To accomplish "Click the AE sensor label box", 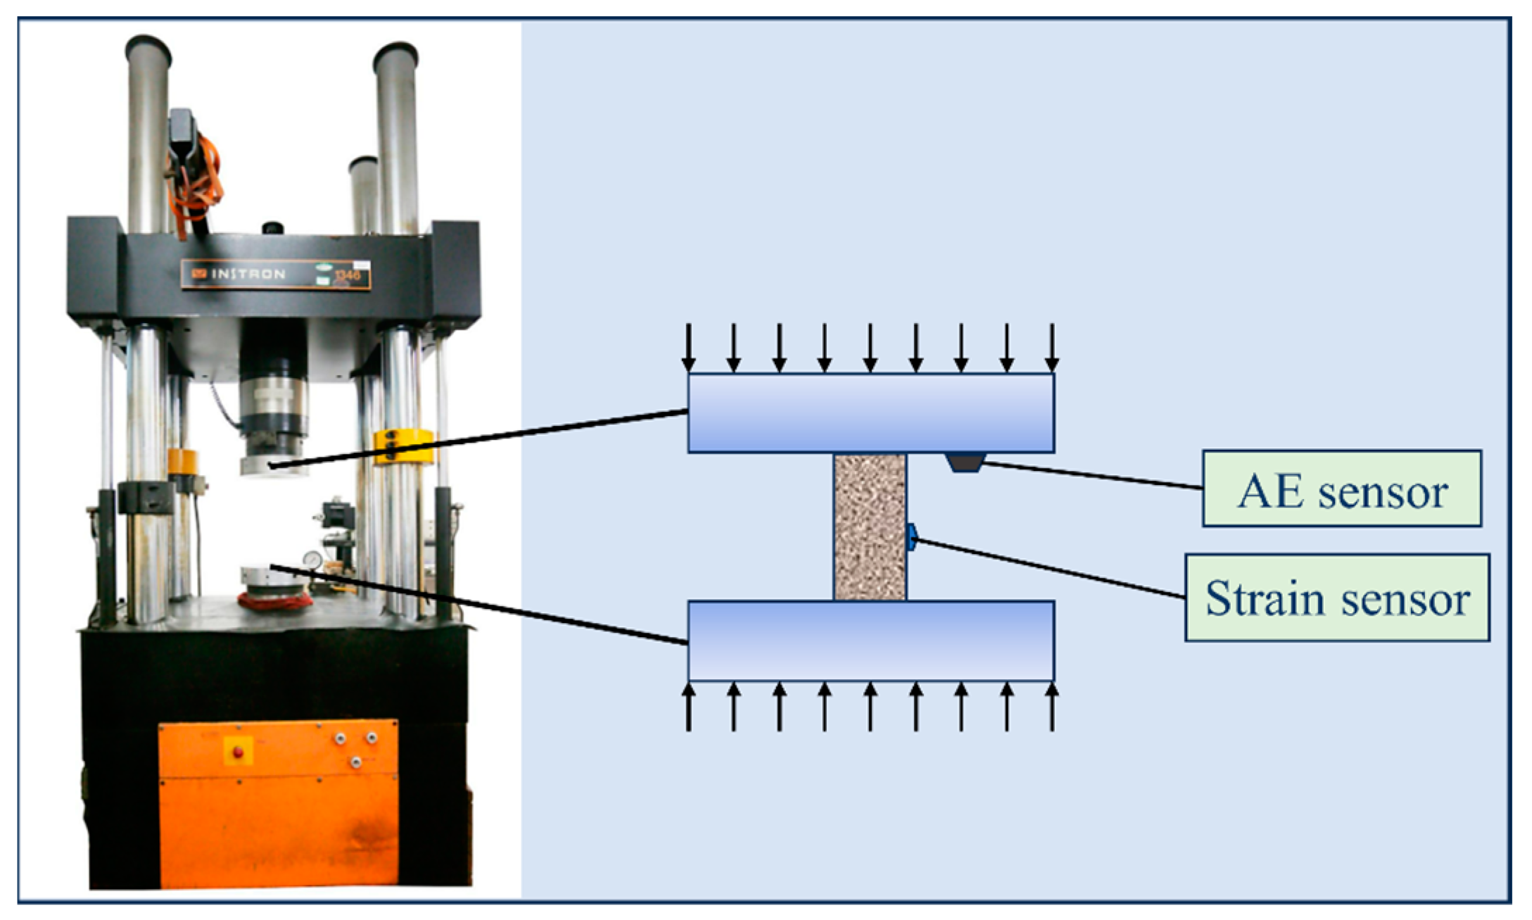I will point(1341,489).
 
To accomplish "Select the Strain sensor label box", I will point(1336,598).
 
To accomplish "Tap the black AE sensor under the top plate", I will point(966,462).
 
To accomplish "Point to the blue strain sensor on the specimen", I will point(911,537).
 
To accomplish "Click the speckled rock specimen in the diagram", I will point(870,527).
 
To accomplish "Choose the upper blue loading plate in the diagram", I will point(871,412).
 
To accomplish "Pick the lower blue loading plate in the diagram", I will point(871,641).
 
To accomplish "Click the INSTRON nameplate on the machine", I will point(275,274).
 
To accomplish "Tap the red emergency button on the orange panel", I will point(238,752).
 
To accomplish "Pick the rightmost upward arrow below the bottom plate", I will point(1052,707).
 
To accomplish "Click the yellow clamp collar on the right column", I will point(404,447).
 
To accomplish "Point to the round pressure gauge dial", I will point(312,560).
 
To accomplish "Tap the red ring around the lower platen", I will point(275,603).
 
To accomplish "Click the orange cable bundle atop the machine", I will point(201,176).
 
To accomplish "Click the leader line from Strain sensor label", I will point(1049,569).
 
